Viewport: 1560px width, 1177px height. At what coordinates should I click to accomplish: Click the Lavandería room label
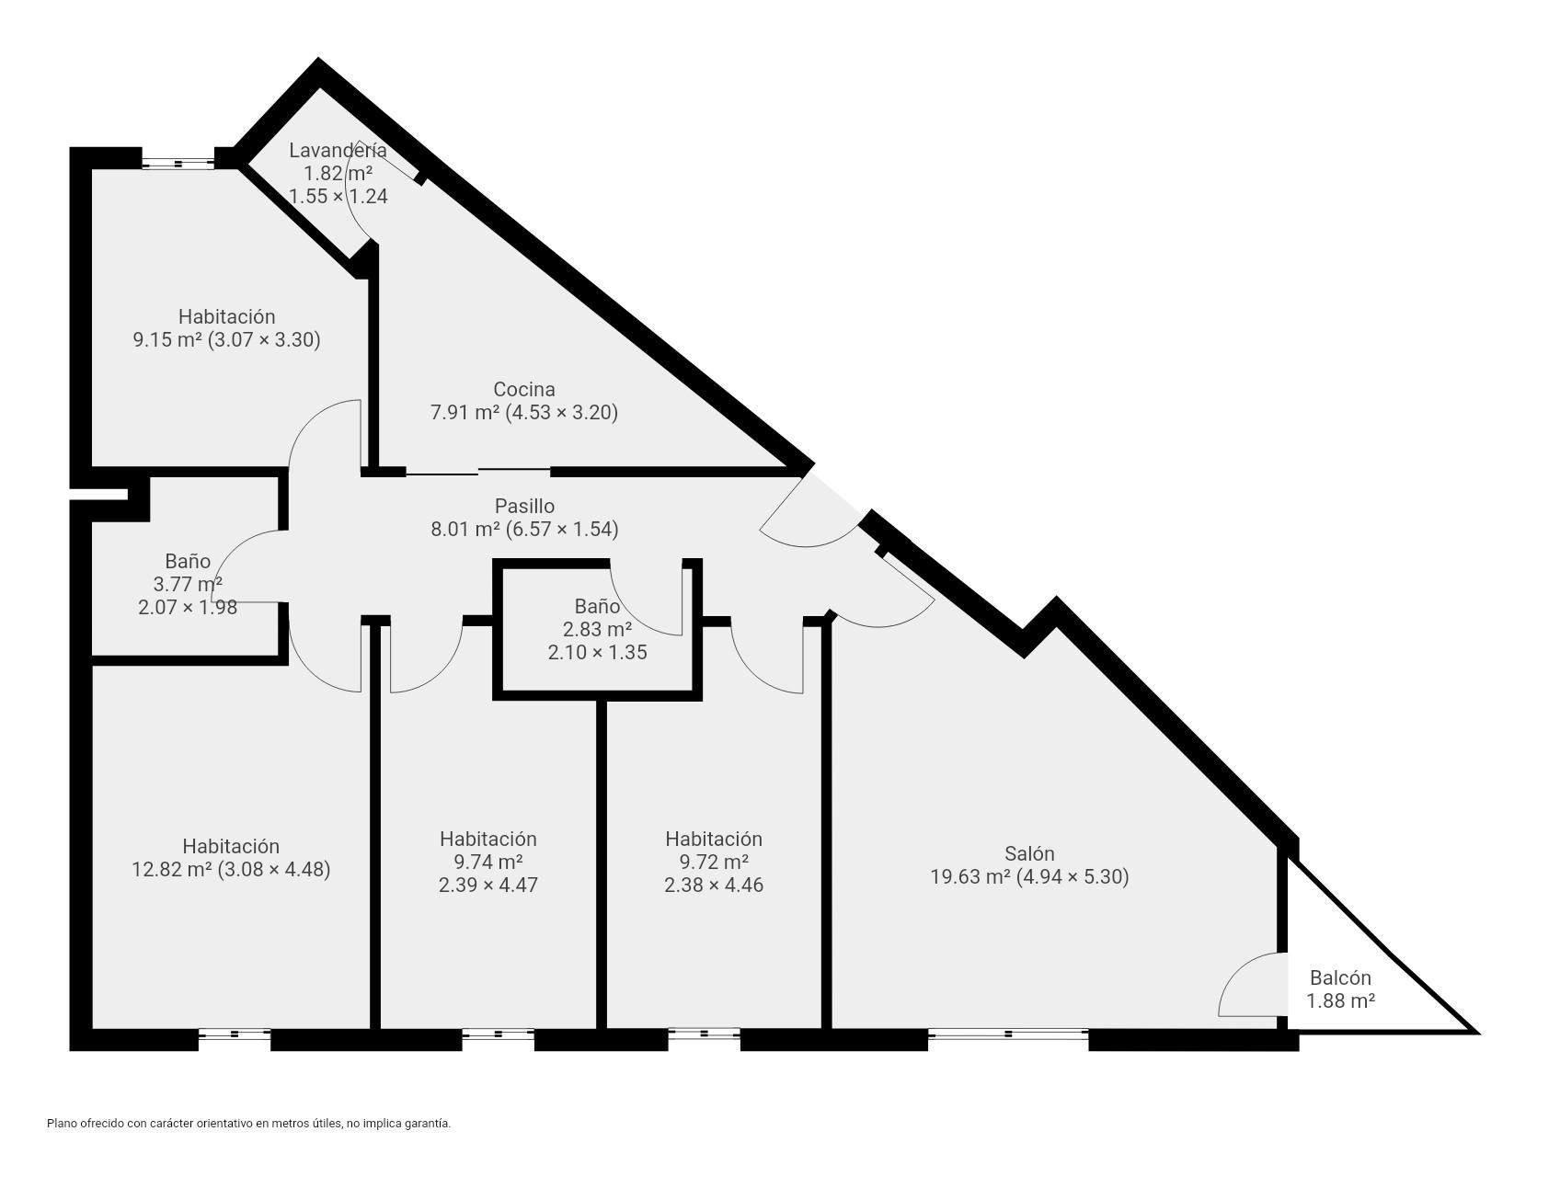(x=338, y=150)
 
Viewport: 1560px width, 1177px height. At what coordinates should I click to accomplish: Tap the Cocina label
(x=524, y=389)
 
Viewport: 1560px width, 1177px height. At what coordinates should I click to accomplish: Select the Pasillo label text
(x=524, y=506)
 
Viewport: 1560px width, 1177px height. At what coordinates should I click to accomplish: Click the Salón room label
(x=1029, y=853)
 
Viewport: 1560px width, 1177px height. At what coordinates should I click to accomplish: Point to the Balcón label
(x=1340, y=978)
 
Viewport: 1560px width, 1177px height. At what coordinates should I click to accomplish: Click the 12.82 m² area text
(x=172, y=869)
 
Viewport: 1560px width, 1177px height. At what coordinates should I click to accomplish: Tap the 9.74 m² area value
(x=487, y=862)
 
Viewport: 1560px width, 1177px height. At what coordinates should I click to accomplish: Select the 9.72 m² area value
(x=713, y=862)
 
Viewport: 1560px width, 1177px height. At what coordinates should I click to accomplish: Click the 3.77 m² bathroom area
(x=188, y=584)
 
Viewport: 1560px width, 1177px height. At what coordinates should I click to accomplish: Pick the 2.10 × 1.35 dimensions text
(x=597, y=652)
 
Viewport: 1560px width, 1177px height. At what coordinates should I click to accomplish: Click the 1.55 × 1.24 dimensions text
(x=338, y=196)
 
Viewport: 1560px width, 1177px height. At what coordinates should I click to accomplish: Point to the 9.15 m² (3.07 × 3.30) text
(x=226, y=339)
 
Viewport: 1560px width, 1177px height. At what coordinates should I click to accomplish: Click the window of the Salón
(x=1008, y=1034)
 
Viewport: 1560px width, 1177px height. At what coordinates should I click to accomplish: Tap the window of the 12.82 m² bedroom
(x=235, y=1034)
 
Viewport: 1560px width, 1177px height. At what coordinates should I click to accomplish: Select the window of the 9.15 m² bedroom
(x=178, y=164)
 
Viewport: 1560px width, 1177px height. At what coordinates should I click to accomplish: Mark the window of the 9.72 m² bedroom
(x=704, y=1034)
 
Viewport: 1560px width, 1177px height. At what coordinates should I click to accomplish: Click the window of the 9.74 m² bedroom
(x=498, y=1034)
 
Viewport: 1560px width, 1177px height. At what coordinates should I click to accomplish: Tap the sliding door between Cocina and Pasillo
(x=478, y=473)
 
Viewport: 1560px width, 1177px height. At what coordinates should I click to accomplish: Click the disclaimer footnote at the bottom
(x=248, y=1123)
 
